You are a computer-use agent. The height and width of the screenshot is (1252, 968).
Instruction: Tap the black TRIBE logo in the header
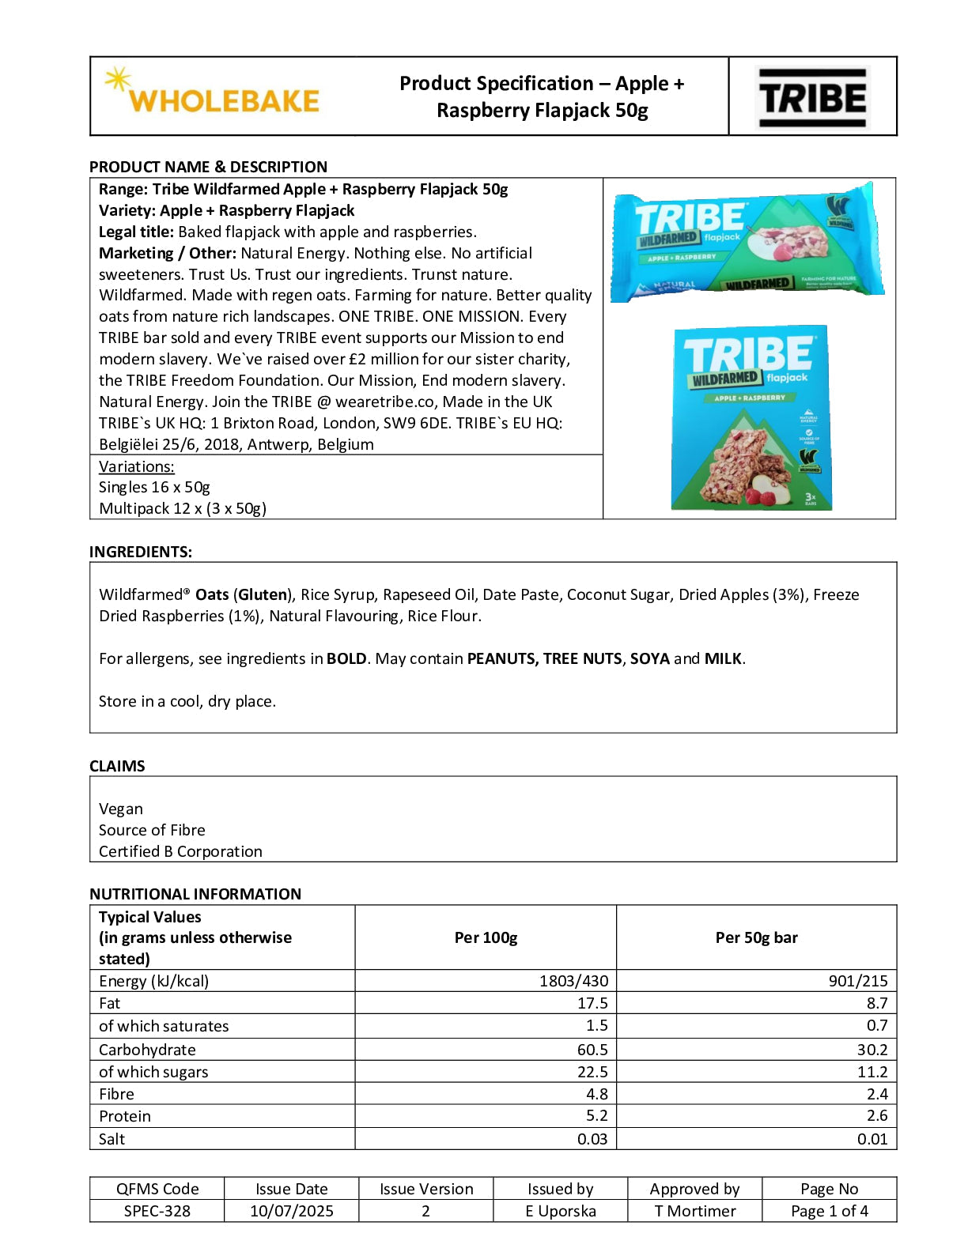tap(812, 97)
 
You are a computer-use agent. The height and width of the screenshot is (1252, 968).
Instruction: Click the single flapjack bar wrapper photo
tap(747, 242)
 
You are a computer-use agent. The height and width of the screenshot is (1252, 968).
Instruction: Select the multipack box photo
tap(750, 417)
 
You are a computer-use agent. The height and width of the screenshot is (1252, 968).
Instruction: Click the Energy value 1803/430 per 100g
tap(573, 981)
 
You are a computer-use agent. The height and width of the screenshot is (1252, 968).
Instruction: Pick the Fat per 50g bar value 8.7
tap(877, 1003)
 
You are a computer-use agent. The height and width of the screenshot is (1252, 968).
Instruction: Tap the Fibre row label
tap(116, 1094)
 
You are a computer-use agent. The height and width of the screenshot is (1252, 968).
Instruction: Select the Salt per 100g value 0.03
tap(592, 1139)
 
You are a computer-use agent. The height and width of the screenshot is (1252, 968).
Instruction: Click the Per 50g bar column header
tap(756, 937)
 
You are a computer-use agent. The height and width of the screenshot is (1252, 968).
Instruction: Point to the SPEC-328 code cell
tap(157, 1211)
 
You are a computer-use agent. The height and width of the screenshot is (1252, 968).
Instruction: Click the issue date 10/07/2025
tap(291, 1211)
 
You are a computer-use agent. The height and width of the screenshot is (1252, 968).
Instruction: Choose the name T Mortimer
tap(694, 1211)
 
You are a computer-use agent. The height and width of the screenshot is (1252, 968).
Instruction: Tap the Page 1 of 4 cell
tap(829, 1211)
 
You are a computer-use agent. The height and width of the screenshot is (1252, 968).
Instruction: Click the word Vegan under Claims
tap(121, 809)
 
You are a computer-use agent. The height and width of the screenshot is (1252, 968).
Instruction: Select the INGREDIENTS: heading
tap(141, 552)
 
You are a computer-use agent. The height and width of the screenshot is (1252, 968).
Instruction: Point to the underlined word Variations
tap(136, 466)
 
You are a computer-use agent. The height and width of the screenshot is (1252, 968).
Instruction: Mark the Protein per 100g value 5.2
tap(597, 1116)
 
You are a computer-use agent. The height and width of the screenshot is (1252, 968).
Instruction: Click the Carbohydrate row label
tap(147, 1050)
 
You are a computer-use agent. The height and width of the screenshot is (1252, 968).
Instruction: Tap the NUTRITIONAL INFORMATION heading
tap(195, 894)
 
